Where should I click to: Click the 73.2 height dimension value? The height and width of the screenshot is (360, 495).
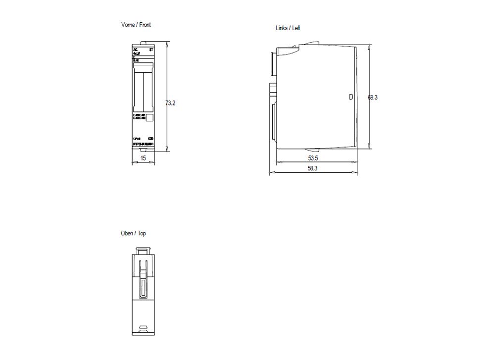coord(170,103)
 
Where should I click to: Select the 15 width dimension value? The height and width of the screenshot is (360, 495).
coord(143,158)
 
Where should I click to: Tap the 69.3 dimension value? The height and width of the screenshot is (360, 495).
coord(373,98)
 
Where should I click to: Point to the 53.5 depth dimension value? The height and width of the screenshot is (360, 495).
coord(312,158)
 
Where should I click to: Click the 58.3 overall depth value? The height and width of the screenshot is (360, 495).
coord(312,168)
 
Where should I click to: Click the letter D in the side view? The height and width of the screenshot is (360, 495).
coord(351,98)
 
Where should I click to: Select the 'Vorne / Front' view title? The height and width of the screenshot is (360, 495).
coord(136,25)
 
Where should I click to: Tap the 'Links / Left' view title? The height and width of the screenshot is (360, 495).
coord(288,28)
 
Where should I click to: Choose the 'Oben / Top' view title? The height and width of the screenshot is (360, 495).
coord(133,233)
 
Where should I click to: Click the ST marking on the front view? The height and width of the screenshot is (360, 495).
coord(151,51)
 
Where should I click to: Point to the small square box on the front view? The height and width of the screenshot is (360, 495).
coord(150,118)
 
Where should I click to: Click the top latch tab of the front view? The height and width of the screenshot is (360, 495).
coord(143,43)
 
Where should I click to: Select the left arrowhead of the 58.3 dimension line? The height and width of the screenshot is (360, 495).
coord(271,173)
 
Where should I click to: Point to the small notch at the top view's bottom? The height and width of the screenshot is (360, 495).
coord(143,327)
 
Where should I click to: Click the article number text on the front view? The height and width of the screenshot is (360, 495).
coord(144,144)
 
